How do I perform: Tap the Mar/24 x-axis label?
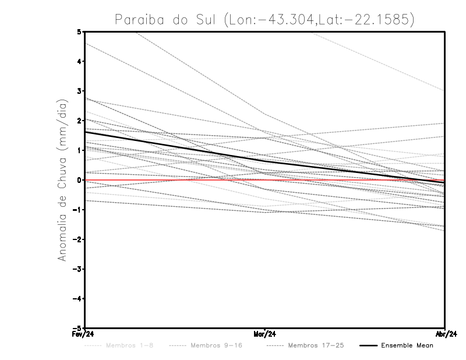(265, 335)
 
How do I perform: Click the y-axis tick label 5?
(79, 32)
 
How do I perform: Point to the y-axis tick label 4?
(79, 62)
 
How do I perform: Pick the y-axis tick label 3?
(79, 91)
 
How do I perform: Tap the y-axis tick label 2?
(79, 121)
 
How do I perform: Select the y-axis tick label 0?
(79, 180)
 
